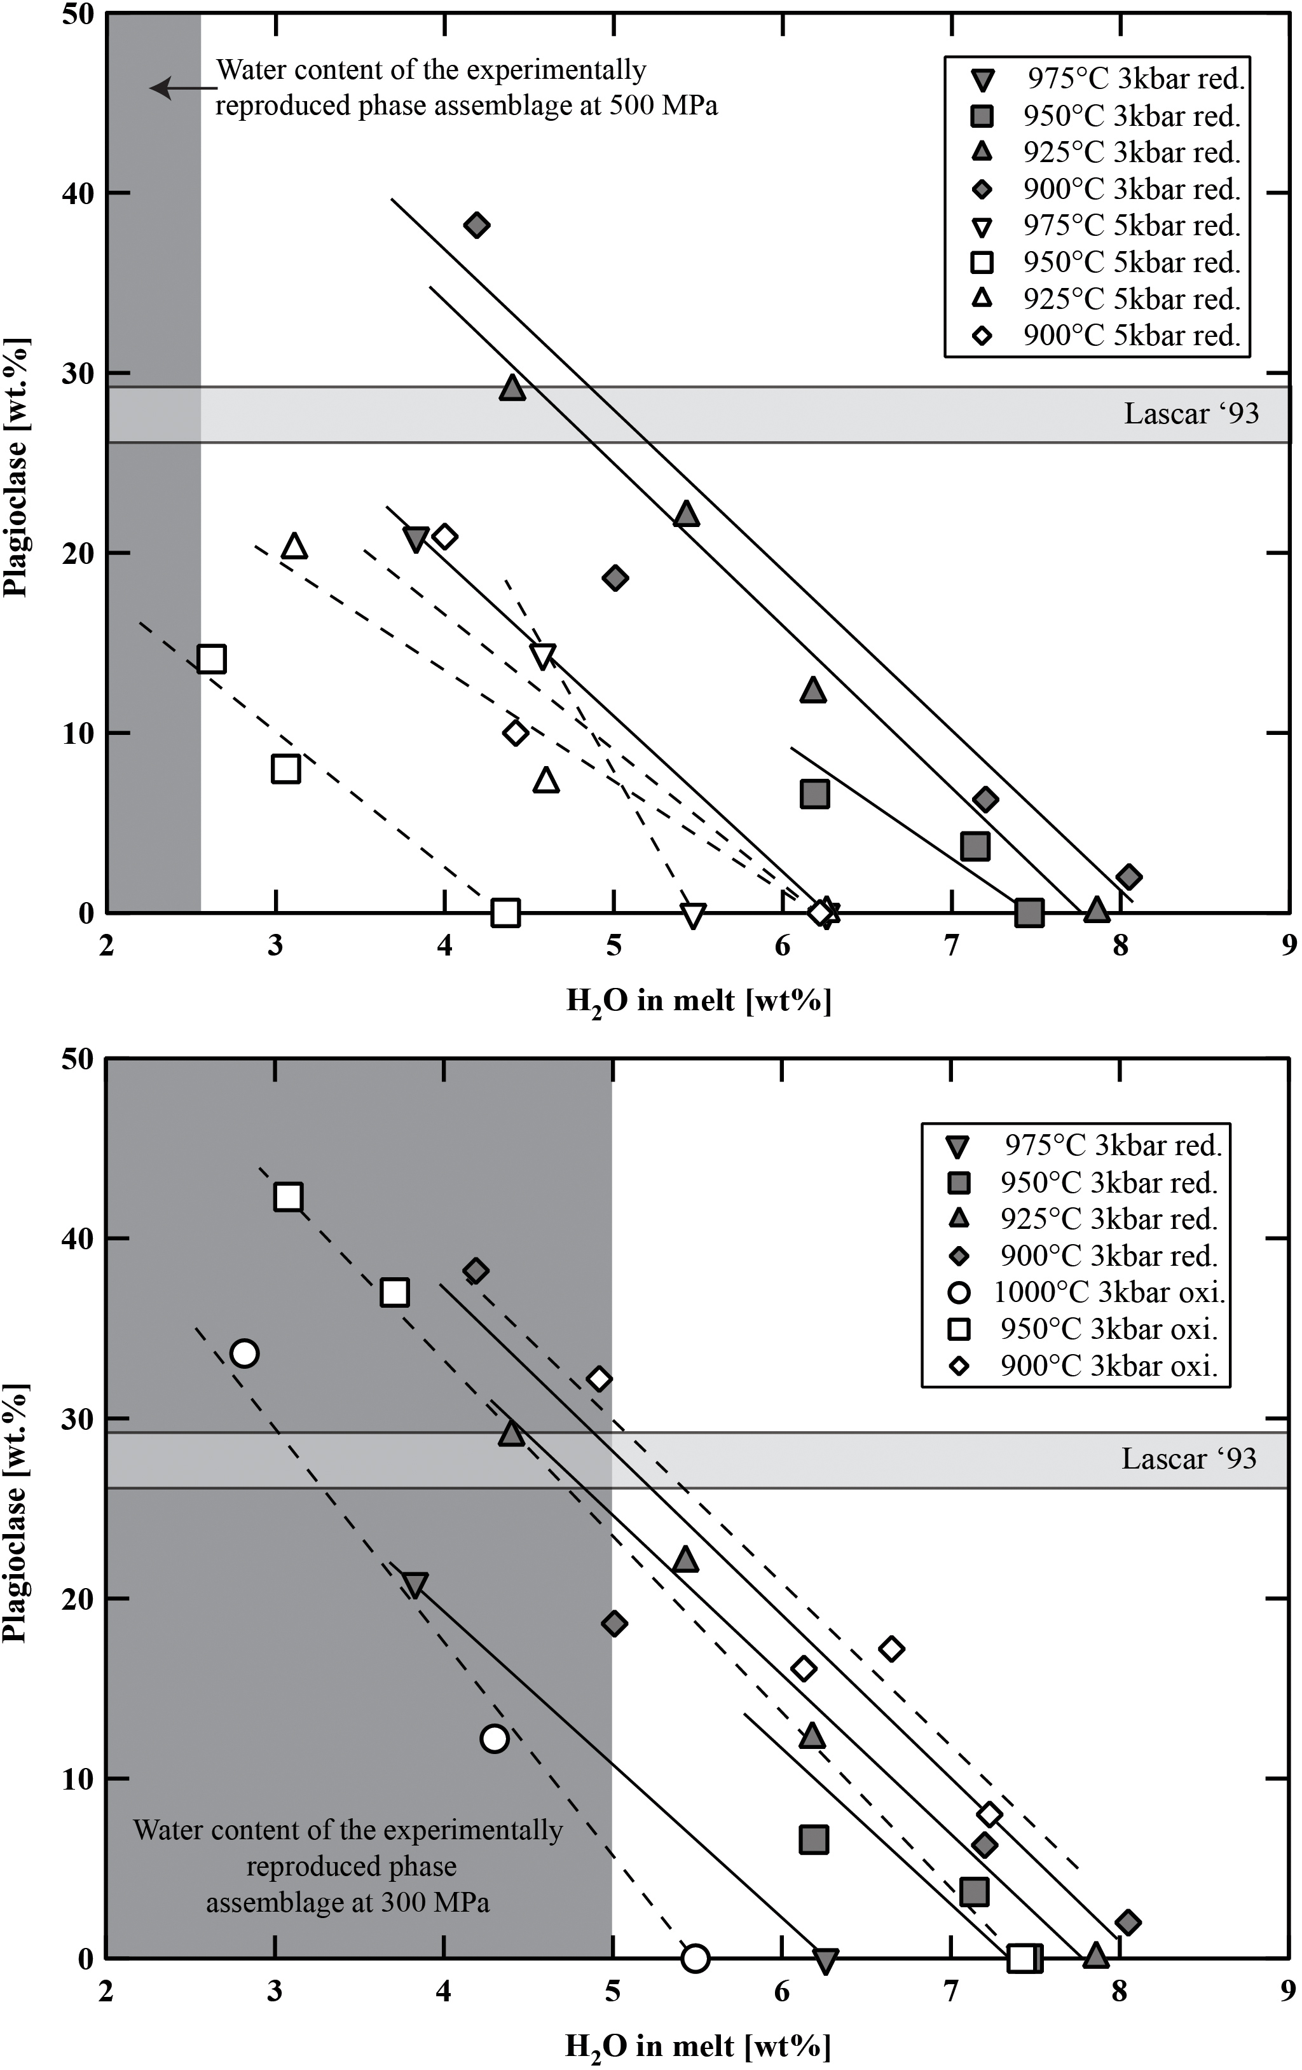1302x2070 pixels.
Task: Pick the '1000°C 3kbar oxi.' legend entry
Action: (1109, 1292)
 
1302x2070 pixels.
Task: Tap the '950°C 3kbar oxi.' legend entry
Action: (1109, 1329)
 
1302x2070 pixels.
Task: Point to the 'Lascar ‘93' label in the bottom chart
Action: (1189, 1459)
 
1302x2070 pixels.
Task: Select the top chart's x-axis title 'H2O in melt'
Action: (698, 1001)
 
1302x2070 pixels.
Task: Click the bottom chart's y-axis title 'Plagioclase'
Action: (15, 1513)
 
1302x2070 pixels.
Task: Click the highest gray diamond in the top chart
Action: (476, 225)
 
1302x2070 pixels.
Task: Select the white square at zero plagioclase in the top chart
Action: (505, 913)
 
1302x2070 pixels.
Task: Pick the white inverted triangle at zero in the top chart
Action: (693, 915)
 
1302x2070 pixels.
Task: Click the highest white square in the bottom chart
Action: (288, 1196)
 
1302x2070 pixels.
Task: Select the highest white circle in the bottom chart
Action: (244, 1353)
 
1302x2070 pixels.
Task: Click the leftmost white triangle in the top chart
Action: (295, 547)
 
